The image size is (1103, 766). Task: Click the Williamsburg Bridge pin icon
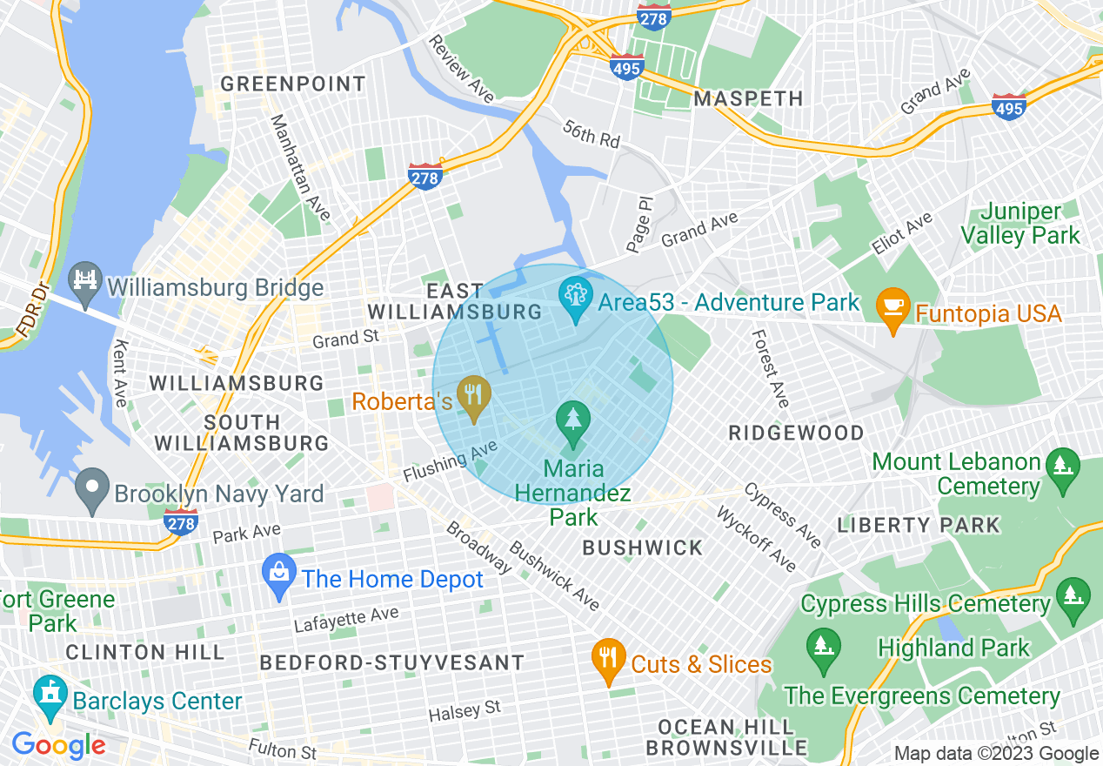click(85, 283)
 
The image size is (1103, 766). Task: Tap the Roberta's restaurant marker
click(474, 397)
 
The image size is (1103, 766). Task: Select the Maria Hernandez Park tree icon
click(573, 422)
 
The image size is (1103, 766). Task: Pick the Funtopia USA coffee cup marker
click(892, 309)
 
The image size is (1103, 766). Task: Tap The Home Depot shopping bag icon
click(279, 575)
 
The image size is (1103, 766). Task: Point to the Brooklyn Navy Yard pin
click(92, 490)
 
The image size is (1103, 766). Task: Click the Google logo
click(58, 745)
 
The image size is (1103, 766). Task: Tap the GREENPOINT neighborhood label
click(292, 84)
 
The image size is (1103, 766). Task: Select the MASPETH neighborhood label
click(748, 99)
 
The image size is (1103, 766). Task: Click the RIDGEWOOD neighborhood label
click(796, 433)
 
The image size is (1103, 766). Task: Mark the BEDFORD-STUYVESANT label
click(392, 662)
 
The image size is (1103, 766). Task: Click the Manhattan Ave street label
click(300, 166)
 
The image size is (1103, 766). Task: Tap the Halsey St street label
click(465, 711)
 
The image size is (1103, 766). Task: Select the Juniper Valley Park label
click(1030, 223)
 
